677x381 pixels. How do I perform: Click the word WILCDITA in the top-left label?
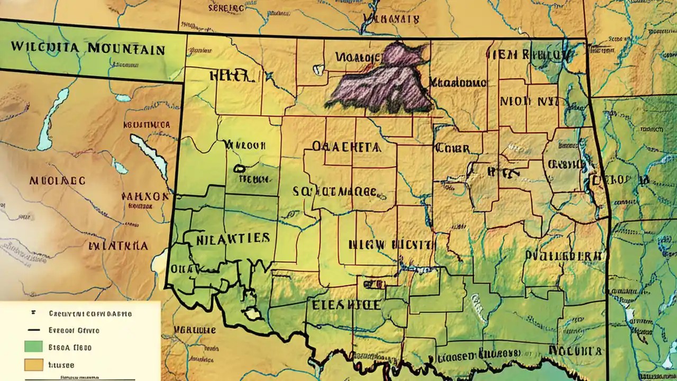click(x=43, y=47)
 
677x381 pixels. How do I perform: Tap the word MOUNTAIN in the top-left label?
click(x=126, y=50)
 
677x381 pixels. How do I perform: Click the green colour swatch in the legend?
click(x=33, y=348)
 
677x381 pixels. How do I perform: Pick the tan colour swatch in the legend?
click(x=33, y=365)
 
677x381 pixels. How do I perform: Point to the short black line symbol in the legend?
click(x=33, y=330)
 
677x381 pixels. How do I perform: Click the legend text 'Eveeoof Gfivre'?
click(x=74, y=330)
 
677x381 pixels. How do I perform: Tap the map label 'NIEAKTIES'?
click(x=233, y=238)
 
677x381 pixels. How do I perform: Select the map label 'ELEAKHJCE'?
click(x=346, y=305)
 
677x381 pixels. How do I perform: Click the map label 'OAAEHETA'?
click(x=346, y=147)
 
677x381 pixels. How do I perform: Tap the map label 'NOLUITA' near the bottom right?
click(x=575, y=350)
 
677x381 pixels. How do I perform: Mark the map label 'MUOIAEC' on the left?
click(x=57, y=180)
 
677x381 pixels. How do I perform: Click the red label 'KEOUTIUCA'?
click(x=147, y=125)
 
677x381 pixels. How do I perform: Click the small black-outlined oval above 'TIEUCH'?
click(x=240, y=169)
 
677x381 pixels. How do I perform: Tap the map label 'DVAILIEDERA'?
click(x=563, y=255)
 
